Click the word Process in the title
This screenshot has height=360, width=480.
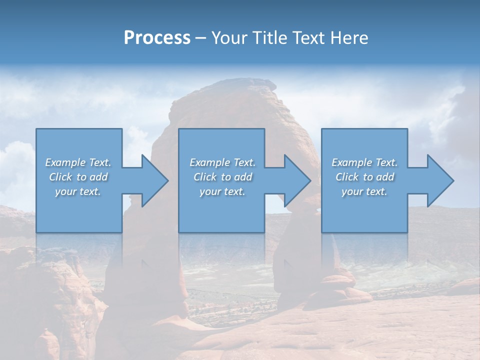[x=157, y=38]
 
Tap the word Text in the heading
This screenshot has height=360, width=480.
[x=309, y=38]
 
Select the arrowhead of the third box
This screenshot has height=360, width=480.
[x=439, y=180]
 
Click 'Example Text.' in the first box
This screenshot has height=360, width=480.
[x=78, y=162]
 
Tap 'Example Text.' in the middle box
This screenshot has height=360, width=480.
[x=222, y=162]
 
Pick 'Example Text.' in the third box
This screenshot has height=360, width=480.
[x=364, y=162]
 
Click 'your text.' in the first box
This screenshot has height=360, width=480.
[x=78, y=191]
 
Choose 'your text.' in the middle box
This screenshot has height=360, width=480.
[x=222, y=191]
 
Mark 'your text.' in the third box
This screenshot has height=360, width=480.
[x=364, y=191]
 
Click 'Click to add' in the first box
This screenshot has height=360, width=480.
[x=78, y=177]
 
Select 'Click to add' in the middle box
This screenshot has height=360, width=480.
[x=222, y=177]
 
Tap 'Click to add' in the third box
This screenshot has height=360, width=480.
[x=364, y=177]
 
